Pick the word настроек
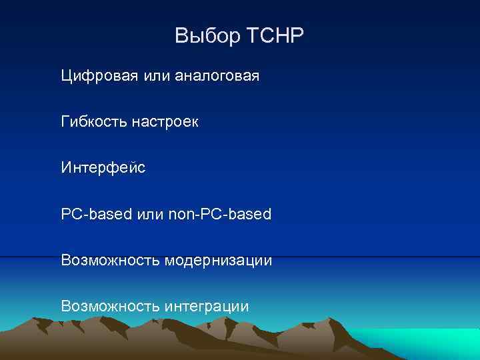pyautogui.click(x=164, y=122)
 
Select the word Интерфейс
pyautogui.click(x=103, y=167)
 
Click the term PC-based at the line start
pyautogui.click(x=97, y=214)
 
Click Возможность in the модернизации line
pyautogui.click(x=110, y=259)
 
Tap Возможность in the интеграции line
pyautogui.click(x=110, y=306)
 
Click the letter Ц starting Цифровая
pyautogui.click(x=66, y=76)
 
